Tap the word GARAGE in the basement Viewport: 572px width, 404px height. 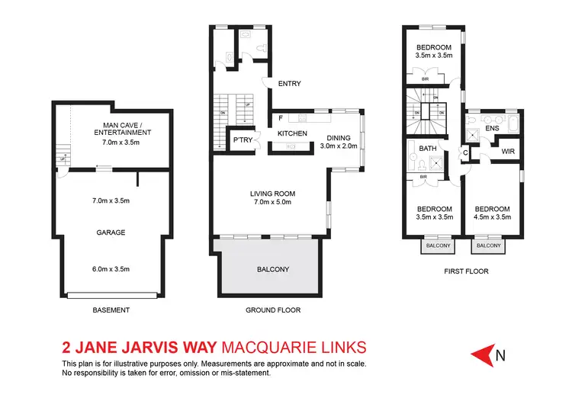coord(111,232)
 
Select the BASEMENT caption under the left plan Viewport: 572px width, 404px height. coord(111,310)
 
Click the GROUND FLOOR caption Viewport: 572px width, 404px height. coord(273,310)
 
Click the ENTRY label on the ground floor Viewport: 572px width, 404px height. coord(291,85)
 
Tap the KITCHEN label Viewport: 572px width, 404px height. coord(292,133)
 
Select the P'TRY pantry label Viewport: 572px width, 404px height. coord(243,140)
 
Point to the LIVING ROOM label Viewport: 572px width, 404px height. coord(272,193)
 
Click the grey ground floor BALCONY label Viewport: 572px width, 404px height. coord(272,270)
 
